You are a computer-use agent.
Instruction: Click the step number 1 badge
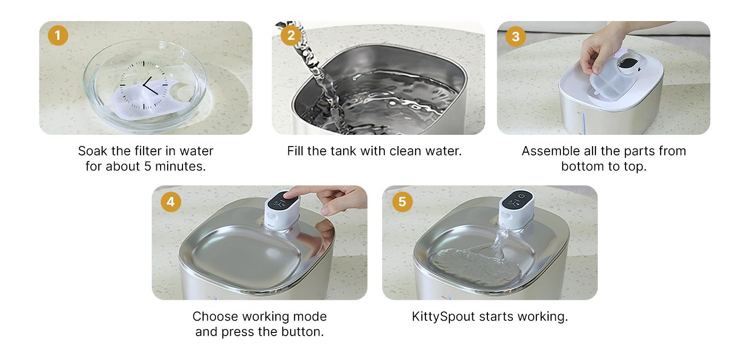click(58, 36)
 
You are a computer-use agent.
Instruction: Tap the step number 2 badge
click(291, 36)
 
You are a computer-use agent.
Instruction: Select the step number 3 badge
click(515, 37)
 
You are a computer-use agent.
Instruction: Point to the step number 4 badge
click(171, 202)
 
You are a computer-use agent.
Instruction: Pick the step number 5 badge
click(402, 202)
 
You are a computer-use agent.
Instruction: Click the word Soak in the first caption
click(92, 151)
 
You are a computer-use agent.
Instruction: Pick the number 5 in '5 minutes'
click(147, 167)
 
